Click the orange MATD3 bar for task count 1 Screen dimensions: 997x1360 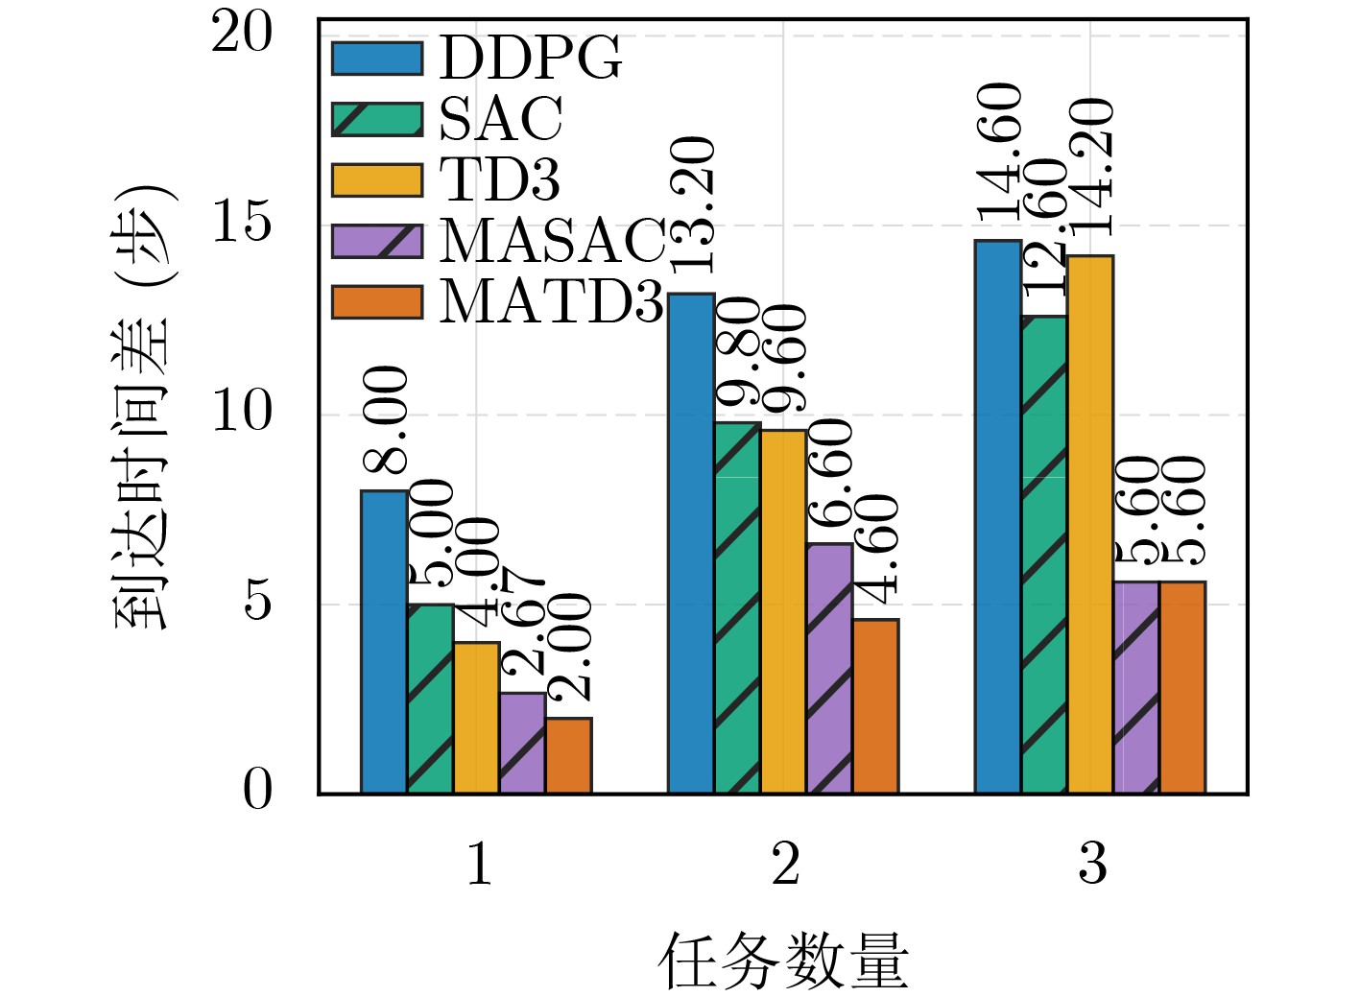point(568,755)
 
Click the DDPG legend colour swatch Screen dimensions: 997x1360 point(377,58)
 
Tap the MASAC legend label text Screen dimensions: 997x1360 point(552,240)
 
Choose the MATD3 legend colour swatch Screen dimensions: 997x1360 point(377,301)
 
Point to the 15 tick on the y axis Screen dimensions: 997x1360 point(242,225)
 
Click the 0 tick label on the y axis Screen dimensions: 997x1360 point(257,792)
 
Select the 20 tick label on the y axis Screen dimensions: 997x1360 point(242,35)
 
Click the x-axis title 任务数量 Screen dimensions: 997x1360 point(783,961)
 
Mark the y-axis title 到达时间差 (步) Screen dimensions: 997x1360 point(144,407)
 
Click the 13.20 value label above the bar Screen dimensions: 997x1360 point(691,203)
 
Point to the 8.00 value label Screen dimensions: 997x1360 point(386,419)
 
